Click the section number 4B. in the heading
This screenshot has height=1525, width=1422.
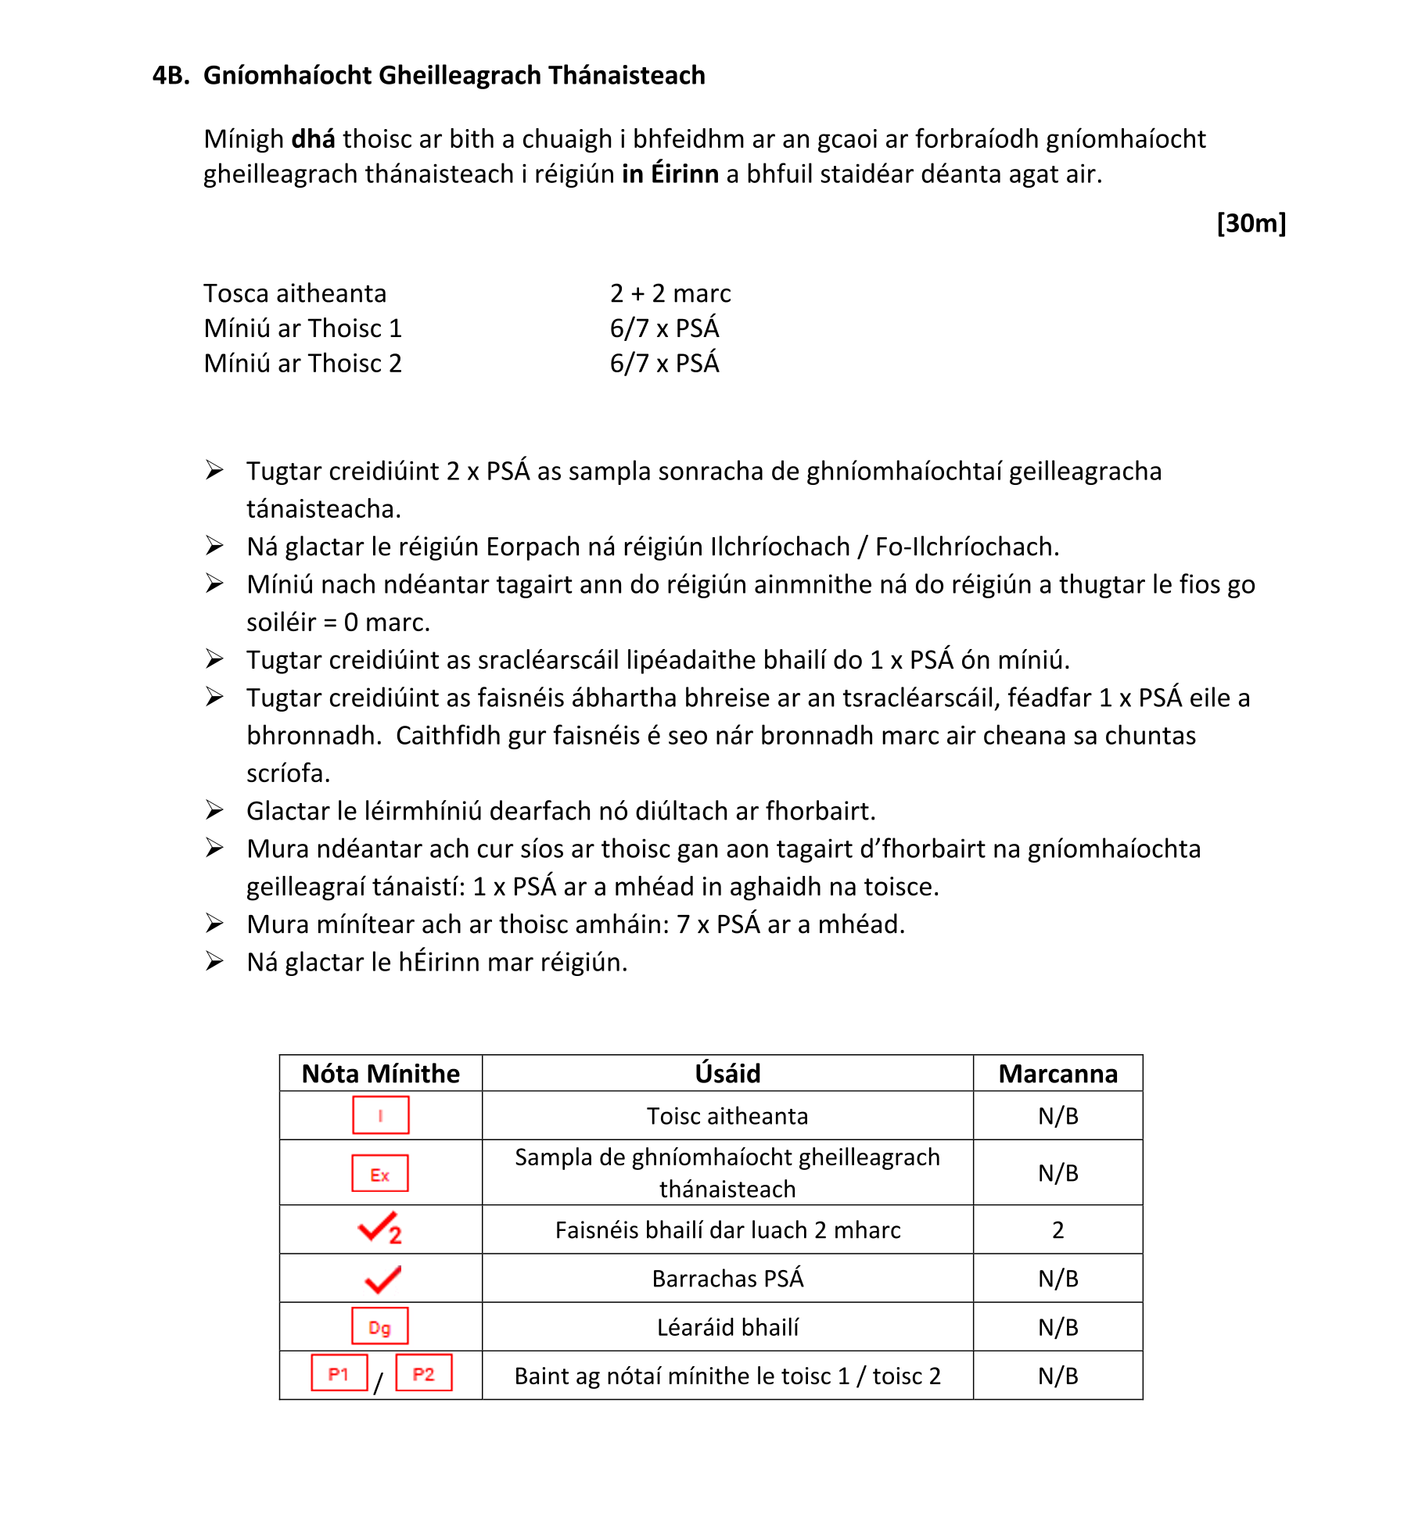pyautogui.click(x=171, y=75)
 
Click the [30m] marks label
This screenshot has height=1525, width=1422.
pyautogui.click(x=1251, y=223)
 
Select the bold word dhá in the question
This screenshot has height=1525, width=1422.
pyautogui.click(x=313, y=138)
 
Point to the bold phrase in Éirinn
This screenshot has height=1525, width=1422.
pyautogui.click(x=670, y=174)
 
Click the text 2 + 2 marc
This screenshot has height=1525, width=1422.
pyautogui.click(x=670, y=293)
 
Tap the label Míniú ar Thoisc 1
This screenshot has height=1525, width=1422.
pyautogui.click(x=303, y=328)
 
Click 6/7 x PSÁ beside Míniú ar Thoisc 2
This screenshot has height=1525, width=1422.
pyautogui.click(x=664, y=364)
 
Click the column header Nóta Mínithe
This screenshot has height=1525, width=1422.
pyautogui.click(x=381, y=1074)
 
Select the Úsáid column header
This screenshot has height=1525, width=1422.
pyautogui.click(x=727, y=1074)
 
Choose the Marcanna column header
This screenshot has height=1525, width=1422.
pyautogui.click(x=1058, y=1074)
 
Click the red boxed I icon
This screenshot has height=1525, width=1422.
pyautogui.click(x=381, y=1115)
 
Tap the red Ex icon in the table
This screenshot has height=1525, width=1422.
pyautogui.click(x=380, y=1173)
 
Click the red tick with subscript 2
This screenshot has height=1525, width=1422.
pyautogui.click(x=379, y=1229)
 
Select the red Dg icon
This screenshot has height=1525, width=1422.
pyautogui.click(x=379, y=1326)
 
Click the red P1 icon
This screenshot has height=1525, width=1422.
pyautogui.click(x=339, y=1373)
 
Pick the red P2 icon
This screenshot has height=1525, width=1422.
pyautogui.click(x=423, y=1373)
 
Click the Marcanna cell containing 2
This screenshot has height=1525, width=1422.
pyautogui.click(x=1058, y=1230)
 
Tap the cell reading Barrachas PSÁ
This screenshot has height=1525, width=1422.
pyautogui.click(x=727, y=1279)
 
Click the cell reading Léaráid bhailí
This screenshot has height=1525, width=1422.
pyautogui.click(x=727, y=1327)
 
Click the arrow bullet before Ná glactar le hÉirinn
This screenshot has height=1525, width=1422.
pyautogui.click(x=214, y=961)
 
